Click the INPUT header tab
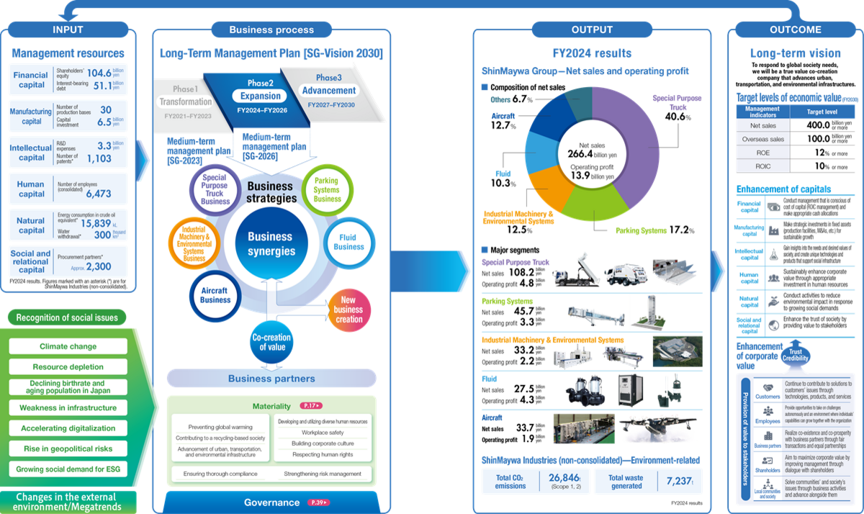[x=68, y=30]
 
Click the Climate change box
[x=68, y=346]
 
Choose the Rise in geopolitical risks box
[x=68, y=448]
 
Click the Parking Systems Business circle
[x=327, y=189]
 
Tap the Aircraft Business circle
[x=215, y=295]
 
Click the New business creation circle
[x=349, y=310]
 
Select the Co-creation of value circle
[x=271, y=343]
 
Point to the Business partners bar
[x=271, y=379]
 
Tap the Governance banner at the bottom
[x=271, y=502]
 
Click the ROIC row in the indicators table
[x=762, y=166]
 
